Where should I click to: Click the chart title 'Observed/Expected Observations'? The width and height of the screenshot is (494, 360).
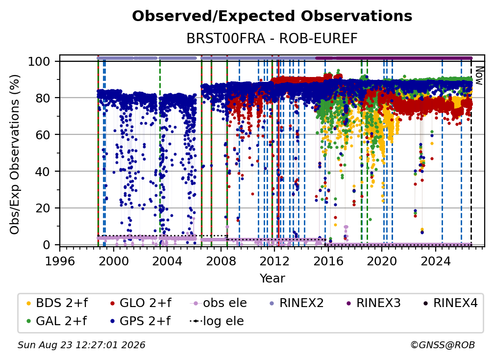[x=272, y=16]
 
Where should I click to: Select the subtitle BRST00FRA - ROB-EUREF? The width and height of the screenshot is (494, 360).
[x=272, y=39]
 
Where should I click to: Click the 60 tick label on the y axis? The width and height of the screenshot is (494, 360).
[x=43, y=134]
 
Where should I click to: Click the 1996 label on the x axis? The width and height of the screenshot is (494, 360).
[x=60, y=261]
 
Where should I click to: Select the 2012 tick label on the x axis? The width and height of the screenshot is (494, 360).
[x=274, y=261]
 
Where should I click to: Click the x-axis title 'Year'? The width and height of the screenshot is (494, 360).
[x=272, y=279]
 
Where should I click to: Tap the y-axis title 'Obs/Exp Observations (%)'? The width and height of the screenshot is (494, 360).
[x=15, y=154]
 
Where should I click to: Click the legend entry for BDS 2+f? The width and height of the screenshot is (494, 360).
[x=57, y=303]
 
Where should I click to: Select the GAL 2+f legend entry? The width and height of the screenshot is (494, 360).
[x=57, y=321]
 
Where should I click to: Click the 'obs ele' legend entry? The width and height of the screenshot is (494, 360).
[x=219, y=303]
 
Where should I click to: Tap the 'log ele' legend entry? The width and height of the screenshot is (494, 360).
[x=217, y=321]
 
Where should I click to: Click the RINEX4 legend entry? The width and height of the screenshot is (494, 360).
[x=450, y=303]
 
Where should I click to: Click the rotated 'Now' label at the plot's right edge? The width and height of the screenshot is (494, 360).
[x=479, y=76]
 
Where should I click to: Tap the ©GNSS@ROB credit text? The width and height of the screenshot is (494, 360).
[x=443, y=345]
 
